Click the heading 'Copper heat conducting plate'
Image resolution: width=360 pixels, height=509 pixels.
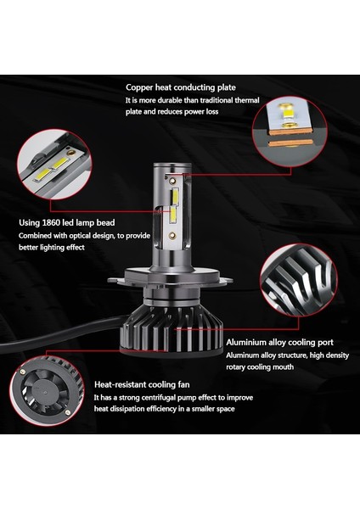(x=181, y=87)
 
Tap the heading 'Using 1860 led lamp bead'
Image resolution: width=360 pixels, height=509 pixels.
(x=66, y=222)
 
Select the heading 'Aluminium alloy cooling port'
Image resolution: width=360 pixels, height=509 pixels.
(x=279, y=343)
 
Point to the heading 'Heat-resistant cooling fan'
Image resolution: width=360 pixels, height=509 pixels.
(x=142, y=384)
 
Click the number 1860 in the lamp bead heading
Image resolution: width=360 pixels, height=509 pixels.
(x=51, y=222)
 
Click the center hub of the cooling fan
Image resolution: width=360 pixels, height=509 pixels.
(x=43, y=392)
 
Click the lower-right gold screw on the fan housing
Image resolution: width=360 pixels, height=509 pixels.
(x=68, y=412)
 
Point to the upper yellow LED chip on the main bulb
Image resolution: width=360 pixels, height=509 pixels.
(x=175, y=196)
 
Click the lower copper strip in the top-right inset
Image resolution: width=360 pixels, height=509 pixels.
(x=291, y=143)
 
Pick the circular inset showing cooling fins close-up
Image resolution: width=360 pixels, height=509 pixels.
(x=299, y=280)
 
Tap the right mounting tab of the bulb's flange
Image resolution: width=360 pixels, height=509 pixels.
(x=226, y=279)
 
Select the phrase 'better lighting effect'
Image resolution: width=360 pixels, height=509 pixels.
(x=52, y=248)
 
